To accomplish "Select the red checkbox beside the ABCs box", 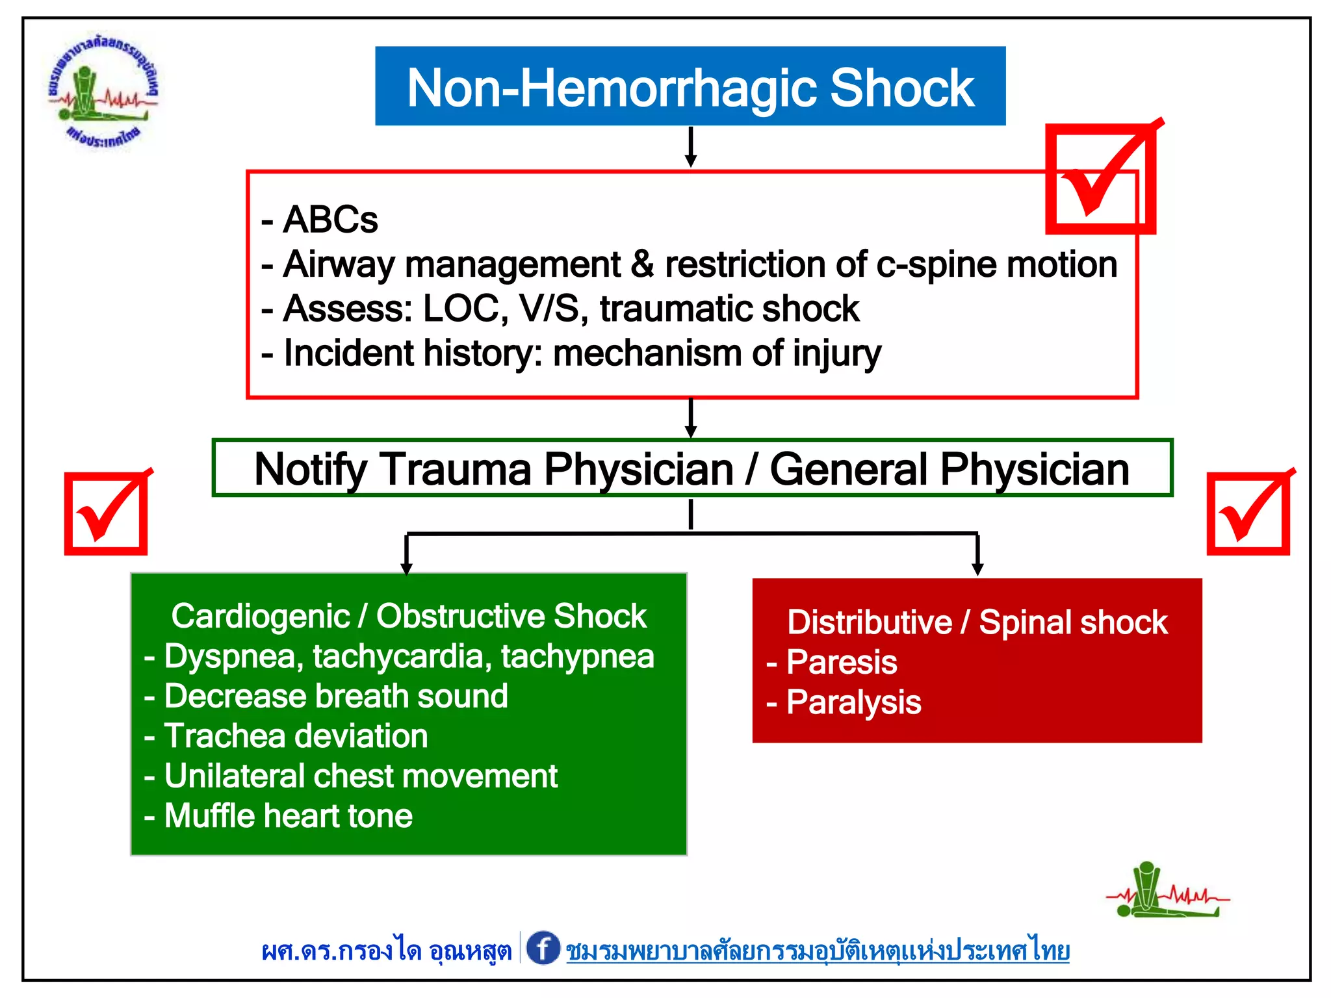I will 1100,179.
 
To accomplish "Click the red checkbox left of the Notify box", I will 106,513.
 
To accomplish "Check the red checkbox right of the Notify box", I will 1248,513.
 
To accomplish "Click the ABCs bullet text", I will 330,220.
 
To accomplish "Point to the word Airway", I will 339,265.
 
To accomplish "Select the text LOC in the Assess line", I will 465,309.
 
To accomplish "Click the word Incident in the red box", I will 348,353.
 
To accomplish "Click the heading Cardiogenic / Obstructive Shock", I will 408,616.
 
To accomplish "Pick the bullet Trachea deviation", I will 296,736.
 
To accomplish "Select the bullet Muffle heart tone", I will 288,816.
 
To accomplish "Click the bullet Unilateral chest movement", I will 361,776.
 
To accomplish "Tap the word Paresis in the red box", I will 842,662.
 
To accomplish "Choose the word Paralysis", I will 853,702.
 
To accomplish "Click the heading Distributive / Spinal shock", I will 977,622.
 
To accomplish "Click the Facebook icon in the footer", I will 543,948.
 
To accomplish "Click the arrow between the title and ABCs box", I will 691,147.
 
